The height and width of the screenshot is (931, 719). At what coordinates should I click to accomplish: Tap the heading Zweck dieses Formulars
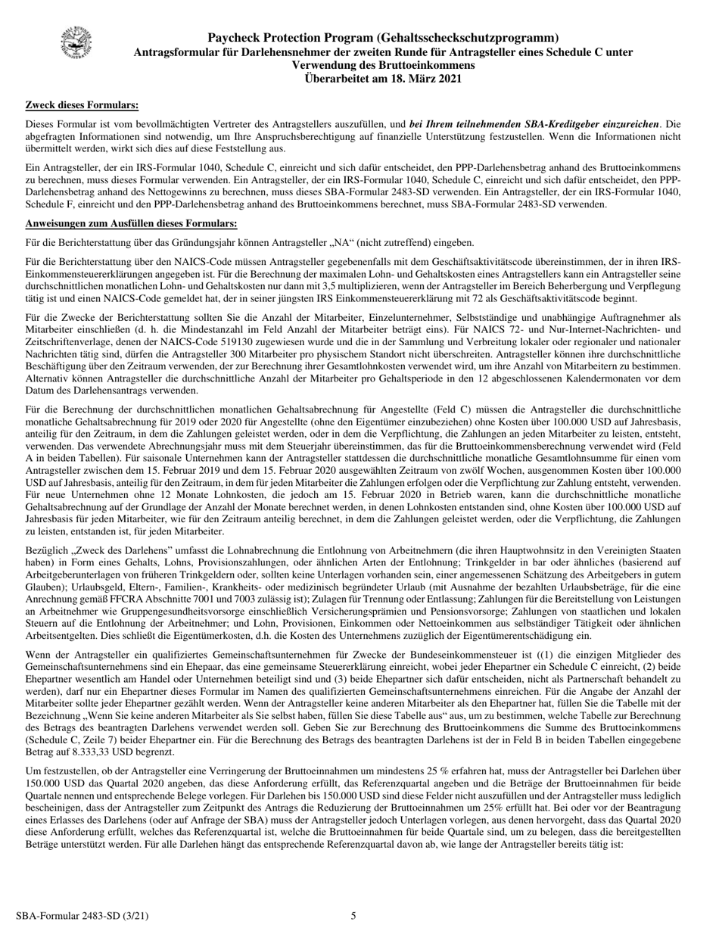[x=82, y=105]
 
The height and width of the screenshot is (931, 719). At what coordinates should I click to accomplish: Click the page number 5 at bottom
[x=353, y=916]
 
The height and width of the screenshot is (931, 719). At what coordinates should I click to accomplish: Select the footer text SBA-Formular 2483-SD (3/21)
[x=87, y=916]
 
